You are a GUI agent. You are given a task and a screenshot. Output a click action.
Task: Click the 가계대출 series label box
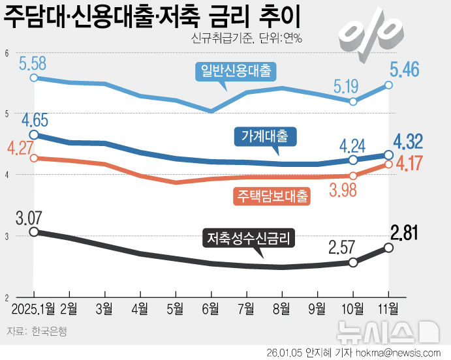pos(264,136)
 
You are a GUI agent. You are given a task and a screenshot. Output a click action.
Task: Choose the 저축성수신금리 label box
pos(249,238)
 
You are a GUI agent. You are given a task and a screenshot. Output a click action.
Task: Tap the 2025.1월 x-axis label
pos(31,307)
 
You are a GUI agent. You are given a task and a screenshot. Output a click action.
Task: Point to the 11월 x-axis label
pos(390,307)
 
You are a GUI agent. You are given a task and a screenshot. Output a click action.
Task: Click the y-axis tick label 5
pos(6,113)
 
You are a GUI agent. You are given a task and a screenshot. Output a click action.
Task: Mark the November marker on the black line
pos(389,247)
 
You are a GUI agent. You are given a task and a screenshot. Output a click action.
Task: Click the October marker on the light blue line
pos(353,102)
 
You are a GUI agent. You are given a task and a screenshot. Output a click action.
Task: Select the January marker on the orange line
pos(34,158)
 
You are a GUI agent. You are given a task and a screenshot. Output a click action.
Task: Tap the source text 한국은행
pos(49,331)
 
